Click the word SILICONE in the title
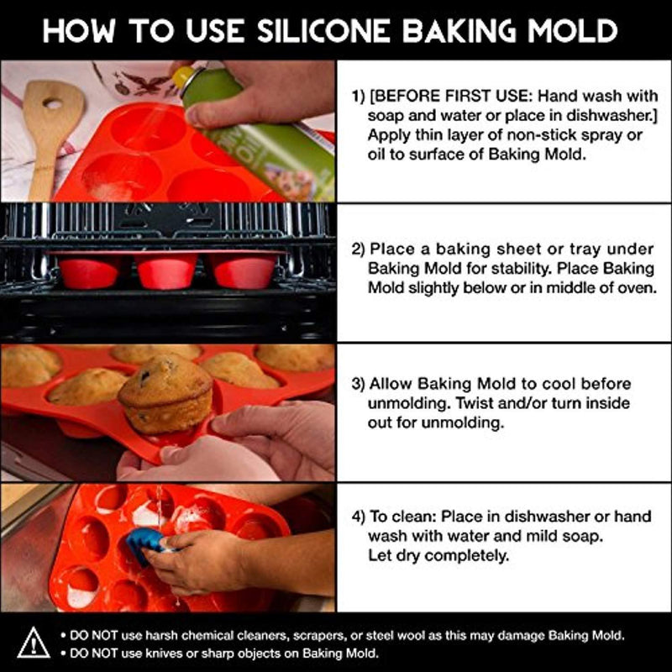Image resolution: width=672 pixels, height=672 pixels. [323, 31]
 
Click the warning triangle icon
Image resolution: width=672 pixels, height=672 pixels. [34, 643]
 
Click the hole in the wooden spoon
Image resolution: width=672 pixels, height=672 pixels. [53, 103]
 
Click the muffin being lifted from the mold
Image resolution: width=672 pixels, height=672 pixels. [166, 392]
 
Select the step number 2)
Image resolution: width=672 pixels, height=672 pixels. [359, 249]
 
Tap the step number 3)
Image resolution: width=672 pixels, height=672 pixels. [359, 384]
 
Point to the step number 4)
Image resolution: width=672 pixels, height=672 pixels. [359, 517]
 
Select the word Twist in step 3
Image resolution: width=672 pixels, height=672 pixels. [475, 403]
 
